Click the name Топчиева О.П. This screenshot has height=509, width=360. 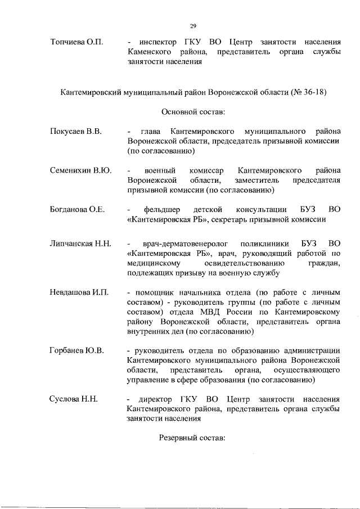pos(74,42)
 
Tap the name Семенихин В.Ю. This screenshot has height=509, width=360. pos(78,170)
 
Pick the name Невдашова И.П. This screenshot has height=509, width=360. pos(79,293)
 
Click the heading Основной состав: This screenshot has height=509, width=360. pos(193,111)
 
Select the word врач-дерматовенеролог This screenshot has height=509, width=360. pos(178,244)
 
